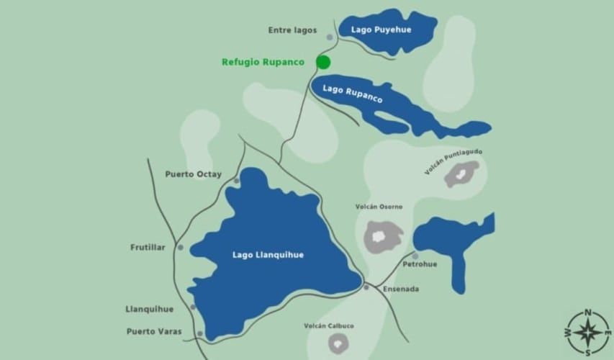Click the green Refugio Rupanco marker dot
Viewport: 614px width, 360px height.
coord(322,62)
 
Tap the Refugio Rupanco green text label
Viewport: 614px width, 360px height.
coord(263,63)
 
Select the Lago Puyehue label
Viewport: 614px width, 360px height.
coord(375,30)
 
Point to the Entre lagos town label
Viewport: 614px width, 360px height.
coord(292,30)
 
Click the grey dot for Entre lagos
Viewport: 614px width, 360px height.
coord(330,37)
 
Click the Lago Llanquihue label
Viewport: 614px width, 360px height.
coord(268,254)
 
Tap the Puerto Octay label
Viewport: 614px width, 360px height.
coord(193,174)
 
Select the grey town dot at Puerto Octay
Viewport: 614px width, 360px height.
coord(236,181)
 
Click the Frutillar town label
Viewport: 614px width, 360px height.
coord(148,247)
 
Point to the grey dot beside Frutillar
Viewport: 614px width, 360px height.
coord(180,247)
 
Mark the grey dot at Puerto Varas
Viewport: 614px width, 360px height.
coord(199,333)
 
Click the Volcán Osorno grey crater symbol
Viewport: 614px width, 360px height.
coord(382,235)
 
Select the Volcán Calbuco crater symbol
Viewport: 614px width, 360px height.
coord(335,343)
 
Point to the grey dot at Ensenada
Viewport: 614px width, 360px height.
coord(366,287)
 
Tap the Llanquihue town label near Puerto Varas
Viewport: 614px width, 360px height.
coord(150,309)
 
